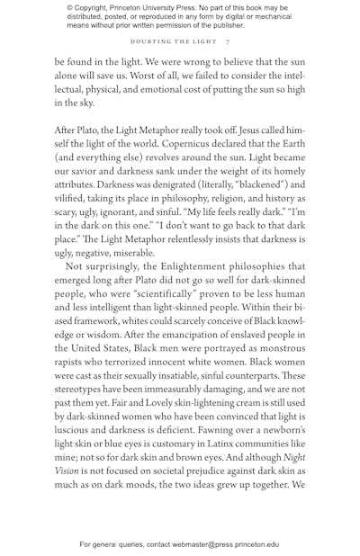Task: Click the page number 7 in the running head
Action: tap(228, 42)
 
